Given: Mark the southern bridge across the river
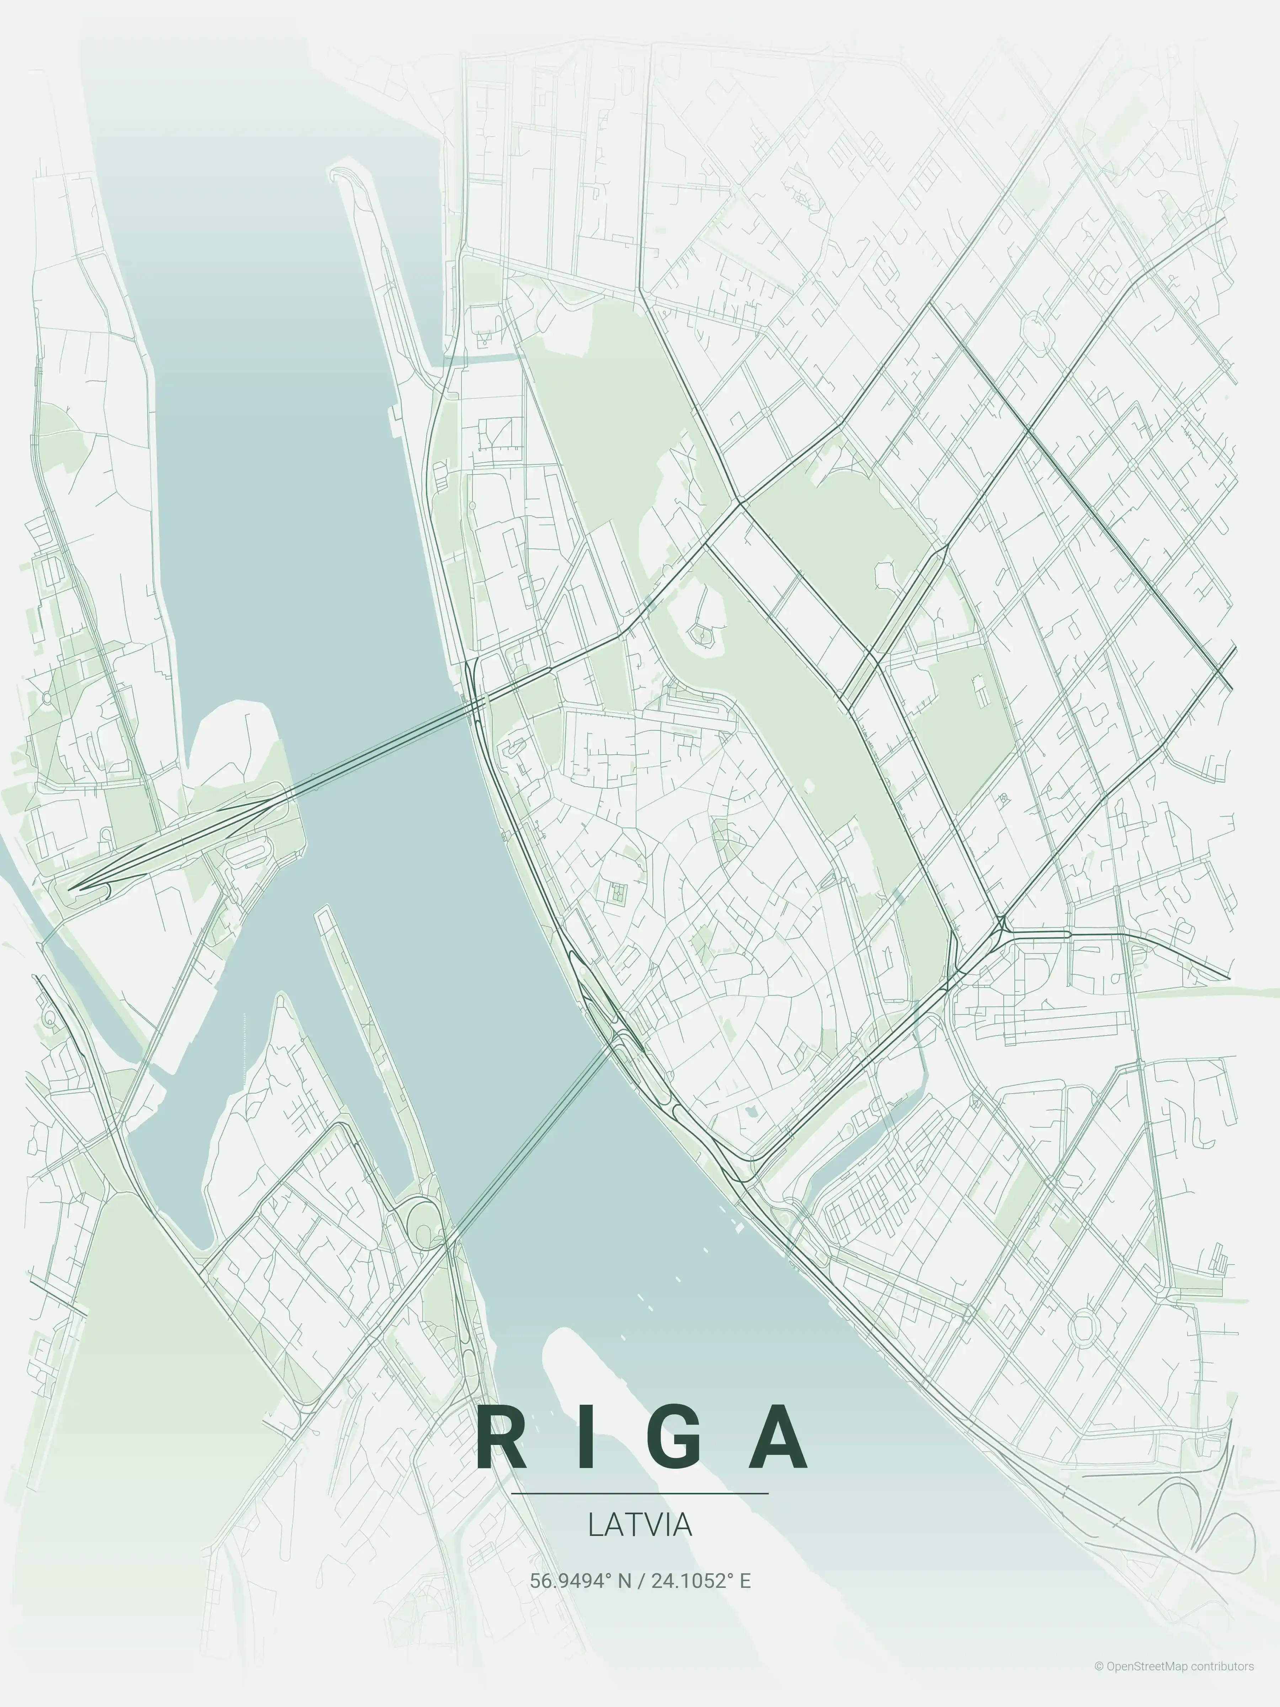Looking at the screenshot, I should tap(532, 1142).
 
